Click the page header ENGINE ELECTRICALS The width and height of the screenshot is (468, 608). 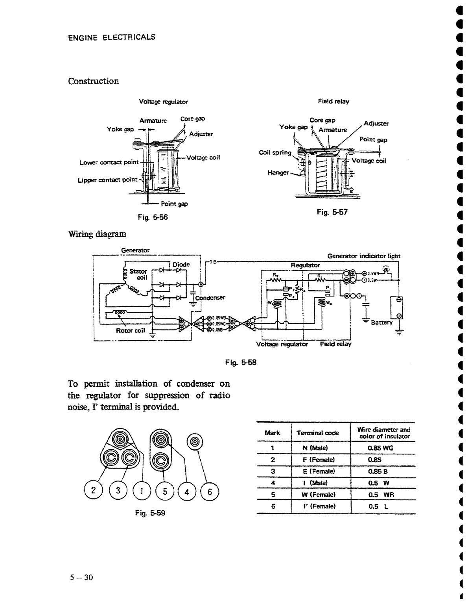[x=112, y=37]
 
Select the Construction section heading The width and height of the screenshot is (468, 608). [x=93, y=81]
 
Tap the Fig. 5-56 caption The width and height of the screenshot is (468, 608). [x=153, y=217]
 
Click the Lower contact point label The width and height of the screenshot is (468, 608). [x=109, y=162]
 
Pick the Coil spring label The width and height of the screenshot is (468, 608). [x=275, y=152]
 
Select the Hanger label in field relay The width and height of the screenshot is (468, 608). [x=278, y=172]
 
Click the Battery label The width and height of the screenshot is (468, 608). [x=381, y=323]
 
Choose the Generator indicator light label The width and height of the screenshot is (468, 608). [x=364, y=256]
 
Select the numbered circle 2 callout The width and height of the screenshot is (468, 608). [x=93, y=491]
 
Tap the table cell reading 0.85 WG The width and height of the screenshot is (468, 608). [x=380, y=448]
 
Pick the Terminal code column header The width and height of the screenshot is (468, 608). [x=317, y=433]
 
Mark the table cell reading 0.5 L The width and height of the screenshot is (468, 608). [x=378, y=506]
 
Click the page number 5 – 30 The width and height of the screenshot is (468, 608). [x=81, y=578]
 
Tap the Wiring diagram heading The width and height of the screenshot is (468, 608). [x=97, y=234]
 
